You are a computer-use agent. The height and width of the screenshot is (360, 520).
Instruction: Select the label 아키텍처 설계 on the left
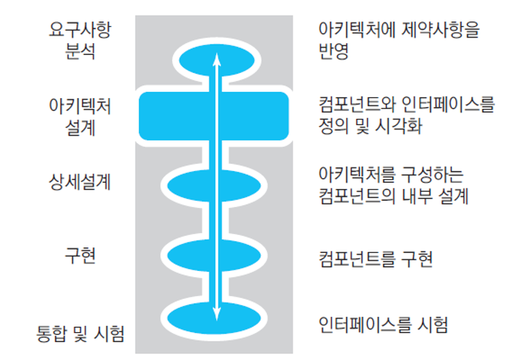click(80, 117)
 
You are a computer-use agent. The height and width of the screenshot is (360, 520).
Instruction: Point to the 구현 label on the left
click(80, 255)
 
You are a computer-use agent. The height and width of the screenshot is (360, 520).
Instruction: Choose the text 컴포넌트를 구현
click(375, 259)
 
